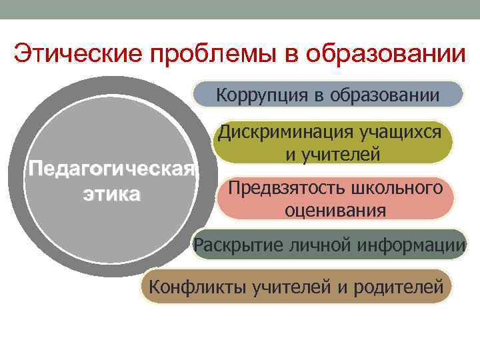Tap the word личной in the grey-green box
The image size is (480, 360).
[313, 245]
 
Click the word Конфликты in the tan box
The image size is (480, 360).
[193, 287]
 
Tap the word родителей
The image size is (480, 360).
[401, 287]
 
